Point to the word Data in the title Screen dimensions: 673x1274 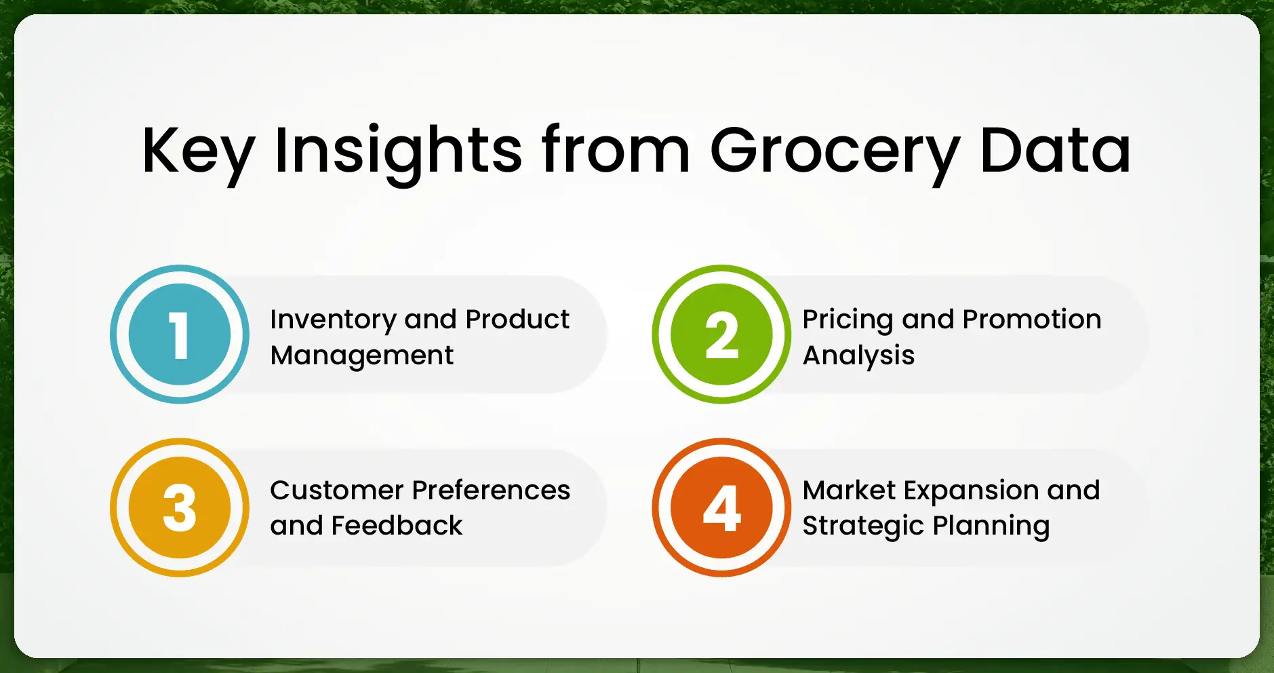[x=1055, y=151]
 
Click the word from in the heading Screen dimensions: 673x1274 [x=616, y=151]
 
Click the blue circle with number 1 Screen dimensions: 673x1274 [x=180, y=334]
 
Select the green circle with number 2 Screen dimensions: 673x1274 [x=721, y=334]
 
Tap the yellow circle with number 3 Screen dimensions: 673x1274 [x=180, y=507]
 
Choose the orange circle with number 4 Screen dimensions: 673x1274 [x=721, y=507]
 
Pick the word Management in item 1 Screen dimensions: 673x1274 [x=361, y=355]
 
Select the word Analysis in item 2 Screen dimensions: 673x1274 [x=858, y=355]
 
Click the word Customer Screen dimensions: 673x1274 [x=337, y=490]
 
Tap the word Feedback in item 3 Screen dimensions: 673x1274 [x=397, y=526]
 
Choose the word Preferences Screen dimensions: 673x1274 [x=491, y=490]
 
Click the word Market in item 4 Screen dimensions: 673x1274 [x=849, y=490]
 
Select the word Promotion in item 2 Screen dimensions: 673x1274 [x=1032, y=320]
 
